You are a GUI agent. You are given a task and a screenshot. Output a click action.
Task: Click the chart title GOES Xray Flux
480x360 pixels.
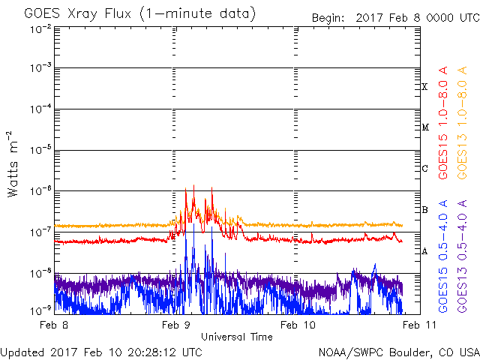click(x=78, y=13)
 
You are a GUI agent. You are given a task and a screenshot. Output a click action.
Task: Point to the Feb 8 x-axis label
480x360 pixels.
click(x=54, y=325)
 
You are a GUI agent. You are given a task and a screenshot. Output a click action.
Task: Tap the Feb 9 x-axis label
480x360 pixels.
click(x=176, y=325)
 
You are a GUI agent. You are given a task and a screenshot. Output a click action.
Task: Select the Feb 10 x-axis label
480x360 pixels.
click(x=298, y=325)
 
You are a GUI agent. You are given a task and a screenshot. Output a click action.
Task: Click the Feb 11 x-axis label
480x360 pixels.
click(x=419, y=325)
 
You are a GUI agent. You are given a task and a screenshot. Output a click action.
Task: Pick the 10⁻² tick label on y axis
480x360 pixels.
click(x=40, y=30)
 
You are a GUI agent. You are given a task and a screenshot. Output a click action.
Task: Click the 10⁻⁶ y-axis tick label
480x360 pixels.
click(x=40, y=191)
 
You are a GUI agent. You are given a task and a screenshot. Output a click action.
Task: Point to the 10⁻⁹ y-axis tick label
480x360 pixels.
click(x=40, y=310)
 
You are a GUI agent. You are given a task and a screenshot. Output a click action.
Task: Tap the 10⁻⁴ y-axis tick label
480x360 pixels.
click(x=40, y=109)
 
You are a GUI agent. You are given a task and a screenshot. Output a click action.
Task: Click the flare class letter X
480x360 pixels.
click(x=424, y=87)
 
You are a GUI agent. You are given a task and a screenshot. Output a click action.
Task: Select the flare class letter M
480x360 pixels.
click(x=425, y=127)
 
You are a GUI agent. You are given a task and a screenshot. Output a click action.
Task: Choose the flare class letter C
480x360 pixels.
click(x=424, y=168)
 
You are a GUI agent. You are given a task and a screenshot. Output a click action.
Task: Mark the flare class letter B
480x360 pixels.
click(x=424, y=210)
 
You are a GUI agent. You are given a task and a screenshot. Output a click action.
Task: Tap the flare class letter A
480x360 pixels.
click(x=424, y=251)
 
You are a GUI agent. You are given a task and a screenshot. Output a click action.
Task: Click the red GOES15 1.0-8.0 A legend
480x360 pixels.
click(x=443, y=123)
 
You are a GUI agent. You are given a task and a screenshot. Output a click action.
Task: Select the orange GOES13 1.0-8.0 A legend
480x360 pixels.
click(x=462, y=123)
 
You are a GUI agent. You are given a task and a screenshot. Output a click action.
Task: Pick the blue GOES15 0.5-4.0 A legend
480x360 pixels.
click(x=443, y=256)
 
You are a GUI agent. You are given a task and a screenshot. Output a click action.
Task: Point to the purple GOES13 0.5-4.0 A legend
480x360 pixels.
click(x=462, y=256)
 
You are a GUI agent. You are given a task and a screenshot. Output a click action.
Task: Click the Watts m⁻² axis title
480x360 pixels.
click(x=13, y=164)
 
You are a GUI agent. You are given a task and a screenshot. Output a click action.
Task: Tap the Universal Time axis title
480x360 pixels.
click(x=237, y=337)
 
